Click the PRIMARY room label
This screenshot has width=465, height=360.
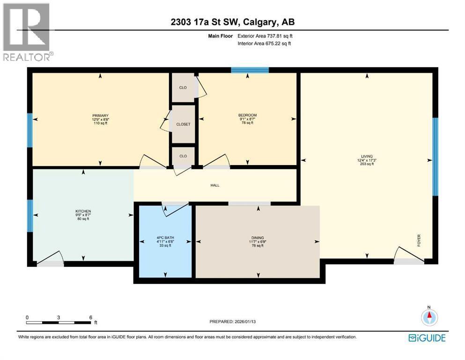[100, 115]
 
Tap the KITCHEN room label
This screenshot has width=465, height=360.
[83, 211]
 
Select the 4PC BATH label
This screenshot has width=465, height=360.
[165, 238]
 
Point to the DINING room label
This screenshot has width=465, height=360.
[258, 238]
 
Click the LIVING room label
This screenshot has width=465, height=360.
[367, 156]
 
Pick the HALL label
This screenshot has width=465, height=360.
[215, 185]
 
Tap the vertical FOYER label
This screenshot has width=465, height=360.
[419, 240]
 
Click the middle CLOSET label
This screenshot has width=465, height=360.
[183, 124]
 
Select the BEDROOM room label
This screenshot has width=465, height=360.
[248, 115]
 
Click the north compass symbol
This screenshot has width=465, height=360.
[429, 317]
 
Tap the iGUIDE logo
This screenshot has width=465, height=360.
[427, 338]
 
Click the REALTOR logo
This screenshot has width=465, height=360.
[27, 32]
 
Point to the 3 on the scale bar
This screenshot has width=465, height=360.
[59, 317]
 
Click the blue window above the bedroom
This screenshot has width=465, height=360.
[250, 70]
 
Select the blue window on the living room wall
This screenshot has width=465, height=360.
[435, 157]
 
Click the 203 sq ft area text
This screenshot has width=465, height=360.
[367, 164]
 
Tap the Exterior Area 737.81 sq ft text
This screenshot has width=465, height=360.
[265, 36]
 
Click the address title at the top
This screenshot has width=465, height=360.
[232, 22]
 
